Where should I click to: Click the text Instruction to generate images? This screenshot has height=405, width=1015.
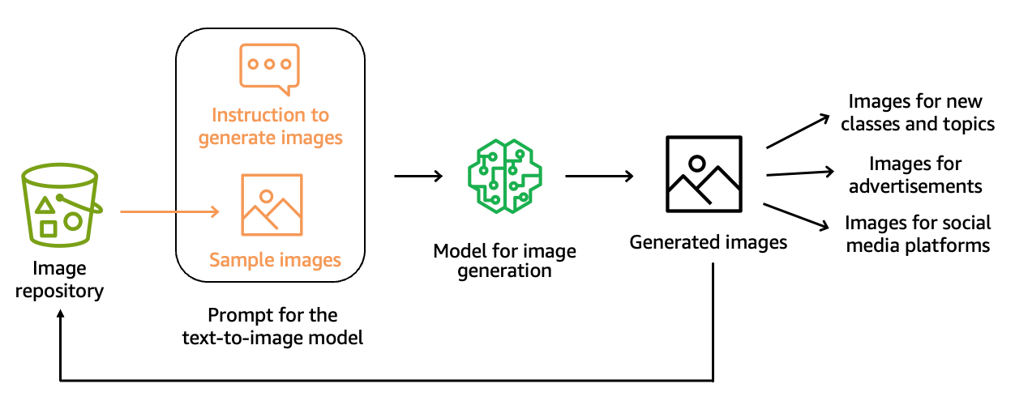tap(271, 126)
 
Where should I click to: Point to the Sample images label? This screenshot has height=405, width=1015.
tap(275, 260)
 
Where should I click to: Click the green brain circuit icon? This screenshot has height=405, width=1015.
tap(504, 176)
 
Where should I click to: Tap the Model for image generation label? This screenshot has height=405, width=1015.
tap(504, 260)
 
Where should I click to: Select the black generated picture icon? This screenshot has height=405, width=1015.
tap(703, 175)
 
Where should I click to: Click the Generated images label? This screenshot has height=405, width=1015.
tap(709, 242)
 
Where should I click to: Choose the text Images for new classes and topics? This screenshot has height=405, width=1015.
tap(917, 113)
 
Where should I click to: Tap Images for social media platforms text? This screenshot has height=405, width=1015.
tap(918, 233)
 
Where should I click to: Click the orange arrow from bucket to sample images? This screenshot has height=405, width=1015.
tap(170, 213)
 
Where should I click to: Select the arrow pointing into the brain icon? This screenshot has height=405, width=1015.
tap(418, 176)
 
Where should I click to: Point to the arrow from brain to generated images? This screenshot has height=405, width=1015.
tap(598, 176)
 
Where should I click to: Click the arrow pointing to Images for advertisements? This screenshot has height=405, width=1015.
tap(800, 173)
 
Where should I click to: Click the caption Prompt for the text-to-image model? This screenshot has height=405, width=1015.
tap(272, 326)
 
